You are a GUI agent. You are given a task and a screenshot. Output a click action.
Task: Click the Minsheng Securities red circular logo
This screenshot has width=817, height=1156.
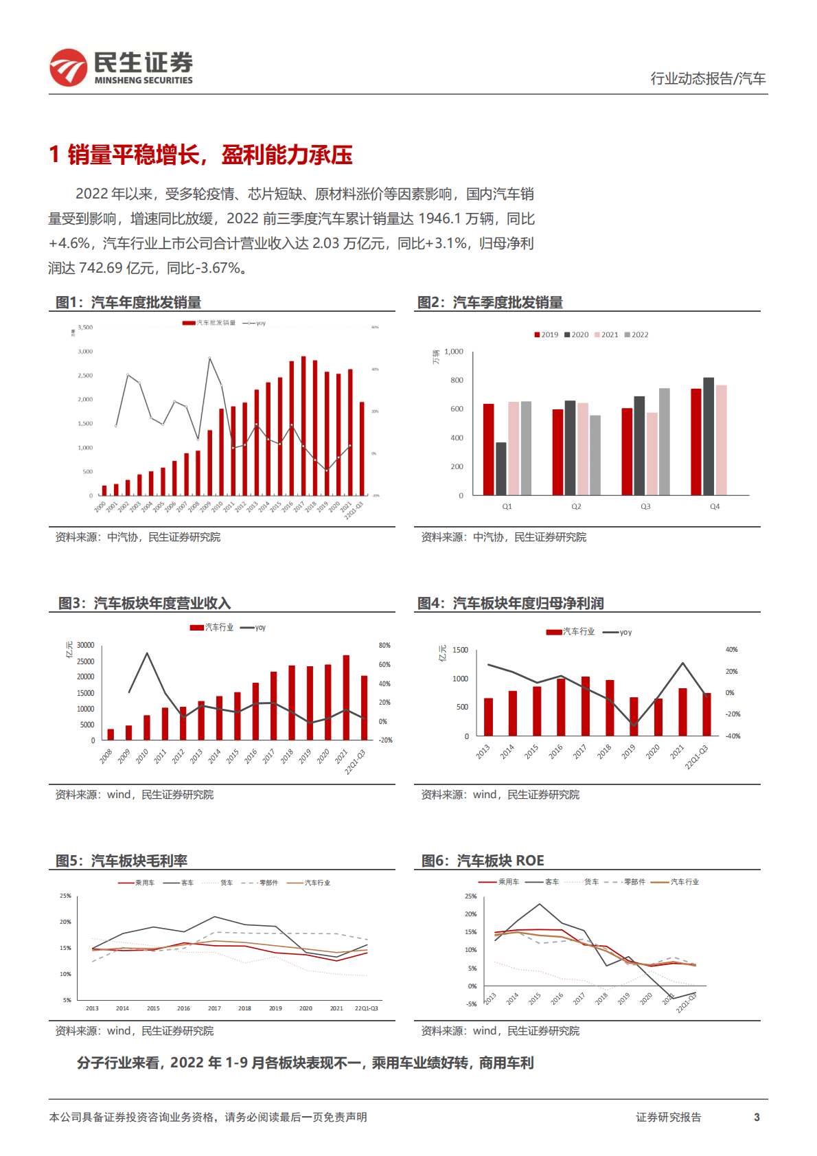[x=68, y=67]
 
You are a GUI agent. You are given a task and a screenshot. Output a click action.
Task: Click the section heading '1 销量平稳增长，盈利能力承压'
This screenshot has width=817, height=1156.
[x=200, y=155]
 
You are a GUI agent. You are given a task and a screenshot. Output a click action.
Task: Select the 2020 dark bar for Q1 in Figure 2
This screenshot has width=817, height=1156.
[x=501, y=468]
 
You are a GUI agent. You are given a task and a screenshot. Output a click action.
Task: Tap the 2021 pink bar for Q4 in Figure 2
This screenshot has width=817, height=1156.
[x=721, y=440]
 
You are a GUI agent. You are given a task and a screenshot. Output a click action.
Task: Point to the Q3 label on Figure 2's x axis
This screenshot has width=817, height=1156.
[x=645, y=506]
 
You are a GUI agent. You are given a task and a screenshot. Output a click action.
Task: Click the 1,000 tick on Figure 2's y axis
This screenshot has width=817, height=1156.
[x=453, y=352]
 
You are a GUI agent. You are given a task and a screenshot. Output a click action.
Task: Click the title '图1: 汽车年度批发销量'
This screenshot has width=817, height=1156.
[x=128, y=302]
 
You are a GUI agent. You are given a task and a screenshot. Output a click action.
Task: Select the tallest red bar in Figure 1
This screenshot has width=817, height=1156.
[x=303, y=426]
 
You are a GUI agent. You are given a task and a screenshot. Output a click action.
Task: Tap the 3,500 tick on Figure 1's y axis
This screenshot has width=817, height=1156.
[x=85, y=328]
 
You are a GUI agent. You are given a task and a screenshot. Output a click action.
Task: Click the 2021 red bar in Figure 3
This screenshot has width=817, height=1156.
[x=346, y=697]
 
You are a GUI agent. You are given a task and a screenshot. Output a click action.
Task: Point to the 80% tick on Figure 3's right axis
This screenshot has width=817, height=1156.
[x=384, y=646]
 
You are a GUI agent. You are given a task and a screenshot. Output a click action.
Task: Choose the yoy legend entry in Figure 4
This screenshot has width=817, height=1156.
[x=618, y=632]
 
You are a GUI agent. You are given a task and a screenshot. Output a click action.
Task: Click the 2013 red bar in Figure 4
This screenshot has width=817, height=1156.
[x=489, y=717]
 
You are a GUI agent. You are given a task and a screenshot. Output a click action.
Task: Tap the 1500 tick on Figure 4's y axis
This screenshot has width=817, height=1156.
[x=461, y=650]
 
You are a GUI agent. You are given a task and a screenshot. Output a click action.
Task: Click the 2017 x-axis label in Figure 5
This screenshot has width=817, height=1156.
[x=214, y=1008]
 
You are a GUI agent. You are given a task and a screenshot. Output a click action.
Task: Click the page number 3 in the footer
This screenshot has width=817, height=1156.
[x=757, y=1117]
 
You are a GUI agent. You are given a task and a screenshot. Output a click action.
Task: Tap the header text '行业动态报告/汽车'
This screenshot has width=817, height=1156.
[x=708, y=78]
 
